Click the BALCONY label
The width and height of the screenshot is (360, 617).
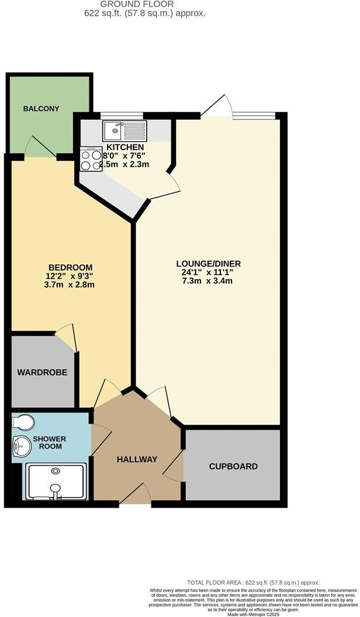tap(42, 109)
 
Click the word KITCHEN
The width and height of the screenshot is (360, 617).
tap(125, 147)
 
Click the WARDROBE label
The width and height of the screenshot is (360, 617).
tap(41, 372)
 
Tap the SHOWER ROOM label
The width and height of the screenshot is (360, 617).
tap(49, 443)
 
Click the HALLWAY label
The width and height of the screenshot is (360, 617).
tap(137, 460)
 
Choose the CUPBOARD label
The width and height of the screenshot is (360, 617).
tap(233, 466)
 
